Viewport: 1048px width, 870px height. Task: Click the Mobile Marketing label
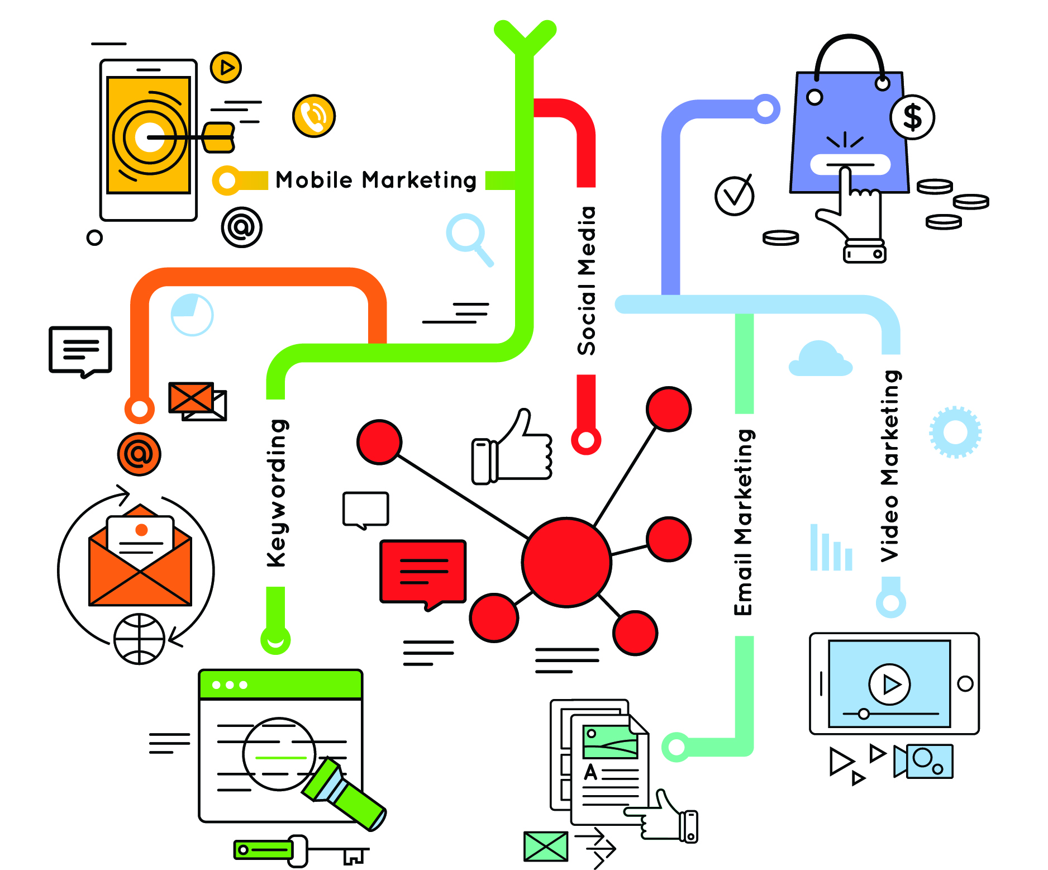(375, 180)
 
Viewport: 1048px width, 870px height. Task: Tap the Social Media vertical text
(587, 281)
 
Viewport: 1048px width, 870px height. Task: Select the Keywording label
(277, 493)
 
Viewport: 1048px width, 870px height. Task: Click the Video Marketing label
(890, 465)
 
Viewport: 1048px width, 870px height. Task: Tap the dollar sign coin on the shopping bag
(912, 117)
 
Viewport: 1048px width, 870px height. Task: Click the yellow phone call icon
(314, 116)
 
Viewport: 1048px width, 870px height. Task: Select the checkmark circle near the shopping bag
(734, 196)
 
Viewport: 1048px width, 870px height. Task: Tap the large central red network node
(566, 562)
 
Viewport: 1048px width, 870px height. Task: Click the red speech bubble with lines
(423, 573)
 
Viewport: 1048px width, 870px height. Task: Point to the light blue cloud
(820, 360)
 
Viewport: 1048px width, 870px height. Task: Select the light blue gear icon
(955, 432)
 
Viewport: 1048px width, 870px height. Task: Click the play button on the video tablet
(889, 684)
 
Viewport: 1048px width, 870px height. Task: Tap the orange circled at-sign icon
(139, 454)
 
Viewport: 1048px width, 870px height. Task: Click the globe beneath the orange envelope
(139, 639)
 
